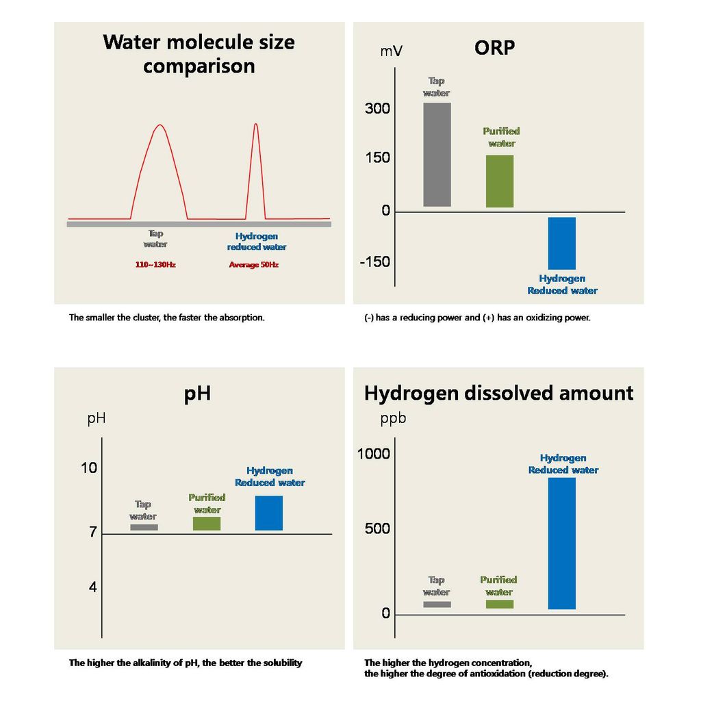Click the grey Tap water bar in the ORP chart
[437, 154]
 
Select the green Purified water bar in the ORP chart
[499, 181]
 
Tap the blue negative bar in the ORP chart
[561, 243]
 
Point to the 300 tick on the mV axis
[377, 109]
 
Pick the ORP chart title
[494, 48]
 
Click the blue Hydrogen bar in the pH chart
[268, 513]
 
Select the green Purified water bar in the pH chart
[206, 524]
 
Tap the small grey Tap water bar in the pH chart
[144, 527]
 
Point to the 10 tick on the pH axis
[89, 468]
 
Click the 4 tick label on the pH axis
[92, 587]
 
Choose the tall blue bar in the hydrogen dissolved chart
[561, 543]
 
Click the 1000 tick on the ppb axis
[374, 454]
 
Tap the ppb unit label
[393, 418]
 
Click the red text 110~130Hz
[155, 265]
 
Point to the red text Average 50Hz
[253, 265]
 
